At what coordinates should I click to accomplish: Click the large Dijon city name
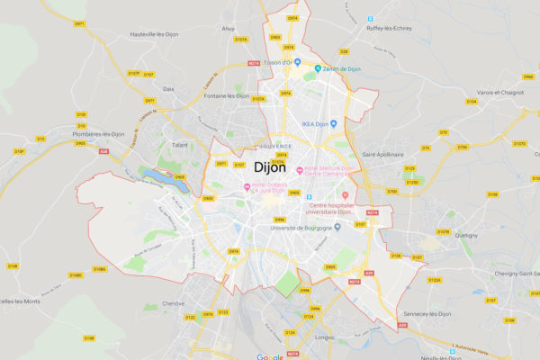click(270, 167)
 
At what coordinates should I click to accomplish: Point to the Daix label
click(169, 89)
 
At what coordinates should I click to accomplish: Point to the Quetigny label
click(467, 234)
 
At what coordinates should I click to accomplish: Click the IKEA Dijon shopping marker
click(332, 123)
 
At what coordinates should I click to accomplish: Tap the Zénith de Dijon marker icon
click(318, 68)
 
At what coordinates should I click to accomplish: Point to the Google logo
click(270, 356)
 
